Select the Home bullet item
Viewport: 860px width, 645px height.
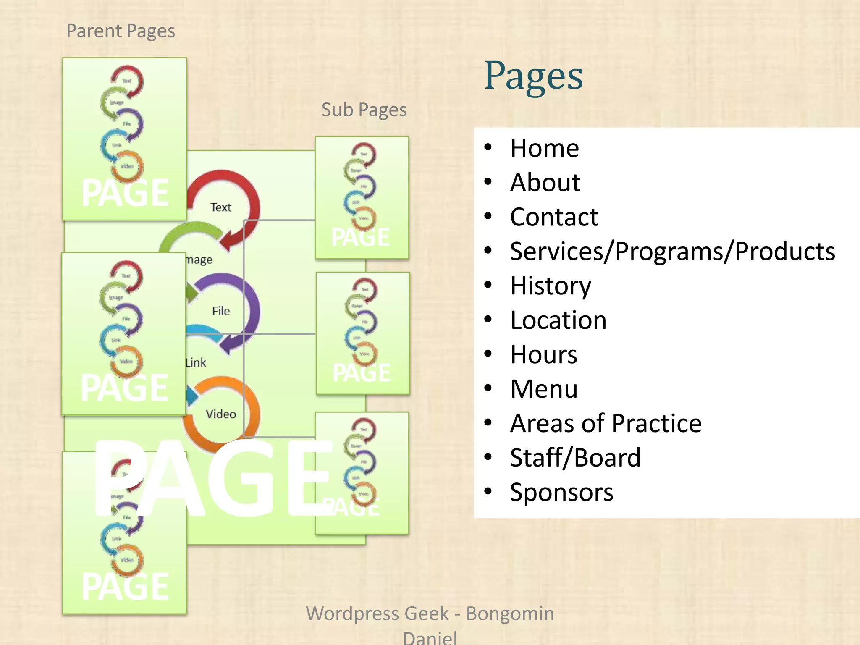click(544, 148)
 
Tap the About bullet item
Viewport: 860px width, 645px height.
click(545, 183)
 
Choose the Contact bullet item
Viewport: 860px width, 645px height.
click(554, 217)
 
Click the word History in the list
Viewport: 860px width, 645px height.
click(551, 286)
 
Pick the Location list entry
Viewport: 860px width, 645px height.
click(558, 320)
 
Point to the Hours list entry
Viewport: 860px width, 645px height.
click(544, 355)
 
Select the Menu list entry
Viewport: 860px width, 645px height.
click(544, 389)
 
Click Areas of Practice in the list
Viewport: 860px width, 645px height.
click(606, 423)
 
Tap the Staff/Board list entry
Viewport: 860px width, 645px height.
click(575, 458)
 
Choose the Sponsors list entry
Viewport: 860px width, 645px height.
click(561, 492)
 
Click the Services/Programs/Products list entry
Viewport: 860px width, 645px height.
click(672, 252)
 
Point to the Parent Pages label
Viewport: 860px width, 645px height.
click(121, 31)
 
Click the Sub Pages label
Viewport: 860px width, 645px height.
click(364, 110)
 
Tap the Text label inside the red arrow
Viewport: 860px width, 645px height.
click(221, 207)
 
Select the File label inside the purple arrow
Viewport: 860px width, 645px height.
click(221, 311)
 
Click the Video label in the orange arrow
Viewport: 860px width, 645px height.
click(221, 414)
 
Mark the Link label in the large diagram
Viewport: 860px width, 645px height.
click(196, 363)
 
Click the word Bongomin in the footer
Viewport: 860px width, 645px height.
click(510, 614)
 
